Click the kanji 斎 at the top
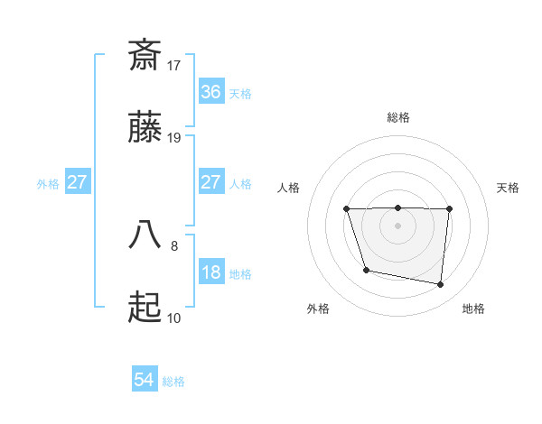(145, 56)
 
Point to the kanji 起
(145, 309)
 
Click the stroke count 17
(174, 66)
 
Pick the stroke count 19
(174, 138)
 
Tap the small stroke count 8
(174, 245)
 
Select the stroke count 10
(174, 318)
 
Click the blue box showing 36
(210, 92)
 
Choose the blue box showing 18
(210, 272)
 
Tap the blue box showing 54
(144, 381)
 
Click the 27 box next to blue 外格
(78, 182)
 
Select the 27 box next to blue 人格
(210, 182)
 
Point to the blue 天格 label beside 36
(240, 93)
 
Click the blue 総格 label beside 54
(173, 382)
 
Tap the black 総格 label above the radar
(397, 117)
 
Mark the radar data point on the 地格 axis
(441, 285)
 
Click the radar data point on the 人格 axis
(347, 209)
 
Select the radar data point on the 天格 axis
(449, 209)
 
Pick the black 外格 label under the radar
(318, 309)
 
